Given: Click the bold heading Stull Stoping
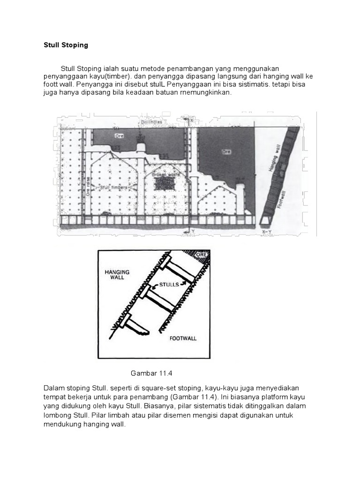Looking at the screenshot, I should point(66,45).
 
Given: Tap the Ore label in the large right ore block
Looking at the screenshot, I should point(227,152).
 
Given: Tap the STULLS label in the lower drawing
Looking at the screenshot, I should point(168,285).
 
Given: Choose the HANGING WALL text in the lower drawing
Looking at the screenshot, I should point(117,274).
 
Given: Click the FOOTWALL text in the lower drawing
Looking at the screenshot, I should point(182,337).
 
